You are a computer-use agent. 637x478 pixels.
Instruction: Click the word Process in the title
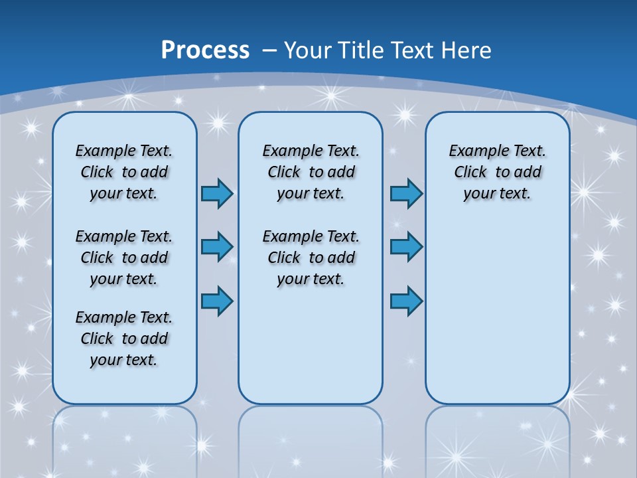(205, 50)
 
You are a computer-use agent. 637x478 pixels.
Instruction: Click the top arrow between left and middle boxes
(217, 193)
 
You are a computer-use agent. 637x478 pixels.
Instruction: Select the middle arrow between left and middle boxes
(217, 247)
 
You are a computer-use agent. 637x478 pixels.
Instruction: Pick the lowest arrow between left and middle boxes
(217, 301)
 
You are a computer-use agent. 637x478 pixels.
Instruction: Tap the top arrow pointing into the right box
(406, 193)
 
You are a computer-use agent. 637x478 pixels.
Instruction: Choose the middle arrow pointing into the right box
(406, 247)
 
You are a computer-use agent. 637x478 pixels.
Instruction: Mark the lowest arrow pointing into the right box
(406, 301)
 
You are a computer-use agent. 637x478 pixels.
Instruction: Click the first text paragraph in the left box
(124, 172)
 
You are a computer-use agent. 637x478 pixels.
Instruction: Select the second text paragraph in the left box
(124, 258)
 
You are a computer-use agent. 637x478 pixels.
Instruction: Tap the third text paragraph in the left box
(124, 339)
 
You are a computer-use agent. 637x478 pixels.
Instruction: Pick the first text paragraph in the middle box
(311, 172)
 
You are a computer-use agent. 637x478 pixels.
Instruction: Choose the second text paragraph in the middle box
(311, 258)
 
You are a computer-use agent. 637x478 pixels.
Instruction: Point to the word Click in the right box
(470, 172)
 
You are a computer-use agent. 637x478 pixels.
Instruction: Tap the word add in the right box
(528, 172)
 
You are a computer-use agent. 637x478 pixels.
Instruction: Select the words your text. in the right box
(497, 193)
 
